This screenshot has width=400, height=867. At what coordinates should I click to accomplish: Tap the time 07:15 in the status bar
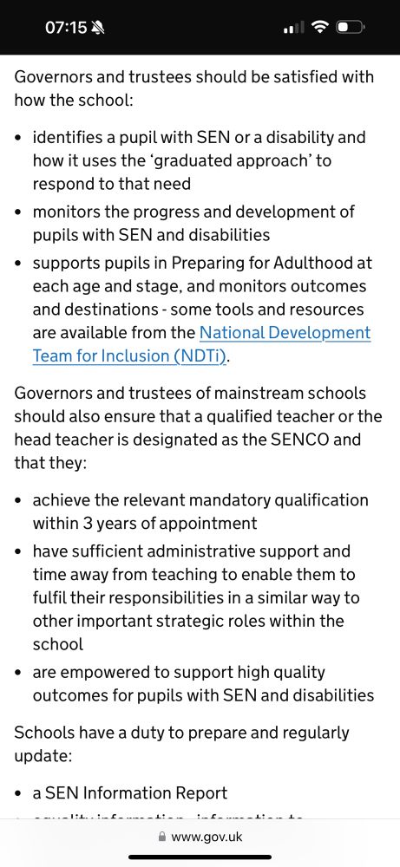[x=66, y=28]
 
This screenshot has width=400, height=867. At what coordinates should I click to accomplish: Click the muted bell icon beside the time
[x=98, y=28]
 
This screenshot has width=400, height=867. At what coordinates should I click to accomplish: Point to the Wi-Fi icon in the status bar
[x=320, y=28]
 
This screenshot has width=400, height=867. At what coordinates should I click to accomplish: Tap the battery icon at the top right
[x=350, y=28]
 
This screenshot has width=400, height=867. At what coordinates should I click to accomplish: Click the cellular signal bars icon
[x=294, y=28]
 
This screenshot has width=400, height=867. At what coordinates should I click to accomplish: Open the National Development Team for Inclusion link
[x=285, y=333]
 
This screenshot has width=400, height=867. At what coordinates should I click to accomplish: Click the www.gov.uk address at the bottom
[x=207, y=837]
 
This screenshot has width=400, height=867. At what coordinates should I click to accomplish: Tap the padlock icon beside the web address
[x=161, y=837]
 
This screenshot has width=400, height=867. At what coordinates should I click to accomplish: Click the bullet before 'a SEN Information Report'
[x=20, y=793]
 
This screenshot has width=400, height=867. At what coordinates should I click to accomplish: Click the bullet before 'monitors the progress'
[x=20, y=212]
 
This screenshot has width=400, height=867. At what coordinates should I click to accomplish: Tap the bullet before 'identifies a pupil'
[x=20, y=138]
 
